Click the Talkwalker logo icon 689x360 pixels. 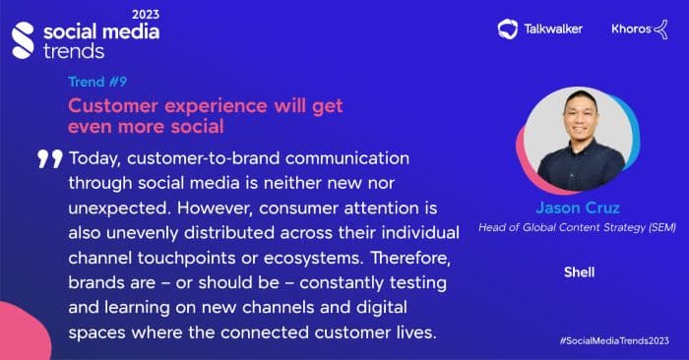pyautogui.click(x=508, y=29)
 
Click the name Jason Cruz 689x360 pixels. pyautogui.click(x=574, y=209)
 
